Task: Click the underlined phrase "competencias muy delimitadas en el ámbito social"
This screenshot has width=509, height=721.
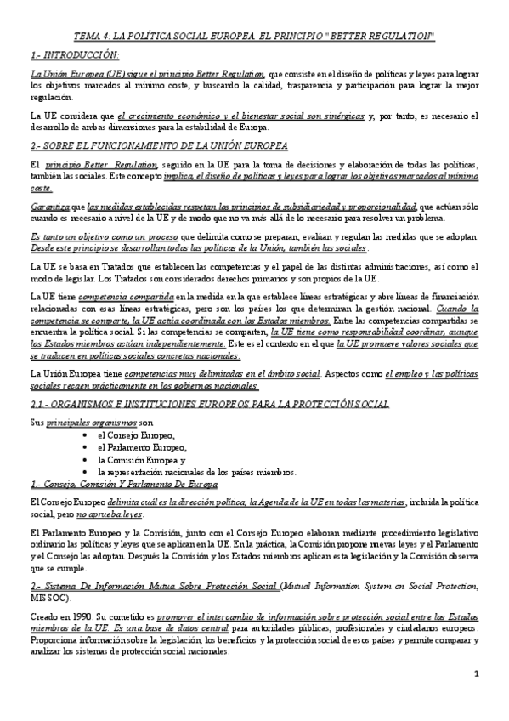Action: [x=221, y=373]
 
